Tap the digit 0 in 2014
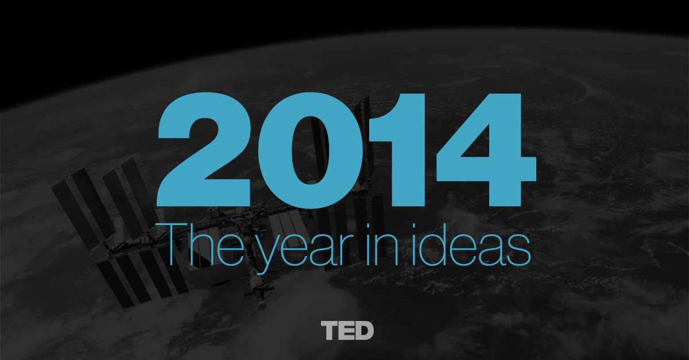[311, 150]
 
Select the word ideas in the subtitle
[471, 245]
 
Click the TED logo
[347, 331]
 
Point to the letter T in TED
[330, 331]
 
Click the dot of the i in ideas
[413, 226]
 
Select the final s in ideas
[518, 250]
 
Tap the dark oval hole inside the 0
[311, 150]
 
